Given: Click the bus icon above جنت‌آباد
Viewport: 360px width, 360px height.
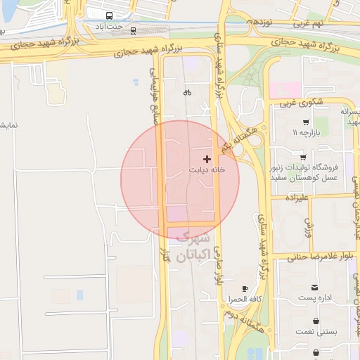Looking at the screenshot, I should (x=110, y=15).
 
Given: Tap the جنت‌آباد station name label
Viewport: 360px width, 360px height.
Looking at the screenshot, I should (x=110, y=27).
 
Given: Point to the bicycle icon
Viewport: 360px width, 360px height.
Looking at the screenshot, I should (x=187, y=92).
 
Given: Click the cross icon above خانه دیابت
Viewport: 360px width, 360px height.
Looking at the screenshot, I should (x=206, y=160).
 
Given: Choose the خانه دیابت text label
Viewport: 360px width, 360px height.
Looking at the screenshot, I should (x=207, y=170).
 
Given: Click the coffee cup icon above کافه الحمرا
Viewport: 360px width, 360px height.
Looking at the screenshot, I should (x=245, y=289).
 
